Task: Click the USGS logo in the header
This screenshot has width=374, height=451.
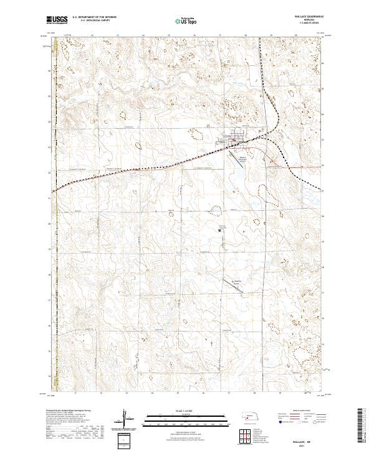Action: [57, 21]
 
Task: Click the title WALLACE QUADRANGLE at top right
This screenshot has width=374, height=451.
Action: [310, 17]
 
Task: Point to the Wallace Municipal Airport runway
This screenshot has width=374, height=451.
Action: [241, 159]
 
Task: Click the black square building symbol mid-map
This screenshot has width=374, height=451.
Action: [221, 230]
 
